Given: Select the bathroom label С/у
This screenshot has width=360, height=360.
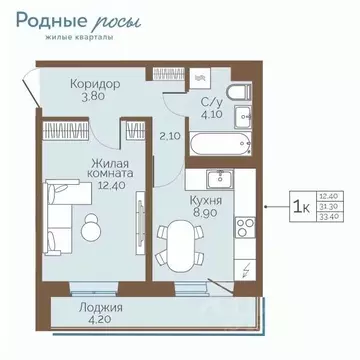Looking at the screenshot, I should click(x=211, y=101).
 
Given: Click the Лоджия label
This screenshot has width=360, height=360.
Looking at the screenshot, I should click(x=99, y=309).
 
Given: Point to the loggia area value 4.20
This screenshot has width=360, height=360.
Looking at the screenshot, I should click(x=99, y=322).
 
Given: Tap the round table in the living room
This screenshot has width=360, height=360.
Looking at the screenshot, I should click(x=91, y=229).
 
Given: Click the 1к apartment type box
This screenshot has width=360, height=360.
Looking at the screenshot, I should click(x=299, y=206).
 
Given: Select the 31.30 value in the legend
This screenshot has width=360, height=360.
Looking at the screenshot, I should click(x=327, y=207).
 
